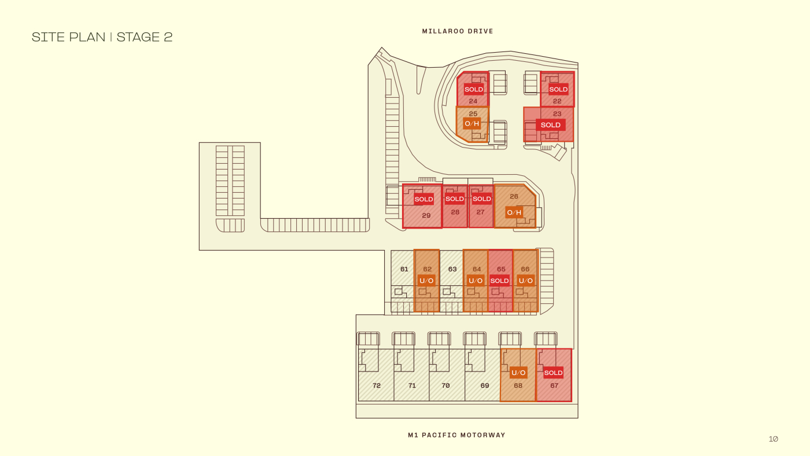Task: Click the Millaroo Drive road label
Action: [458, 31]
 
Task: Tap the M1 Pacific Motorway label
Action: [456, 435]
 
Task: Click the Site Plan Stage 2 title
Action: [102, 37]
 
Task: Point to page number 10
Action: [773, 439]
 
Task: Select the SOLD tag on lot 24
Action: [473, 89]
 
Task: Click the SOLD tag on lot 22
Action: [558, 89]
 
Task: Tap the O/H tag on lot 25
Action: [472, 123]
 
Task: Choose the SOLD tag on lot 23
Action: [550, 125]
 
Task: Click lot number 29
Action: [426, 216]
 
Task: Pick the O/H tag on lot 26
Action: [514, 212]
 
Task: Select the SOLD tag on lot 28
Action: [455, 199]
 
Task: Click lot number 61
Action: [404, 269]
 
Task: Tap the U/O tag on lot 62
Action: [426, 281]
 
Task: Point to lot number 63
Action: [452, 269]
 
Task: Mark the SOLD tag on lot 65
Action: [499, 281]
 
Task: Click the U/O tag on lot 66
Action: [525, 281]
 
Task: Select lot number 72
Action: [377, 385]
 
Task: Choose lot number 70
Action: [446, 385]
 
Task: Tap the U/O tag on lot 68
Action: [518, 373]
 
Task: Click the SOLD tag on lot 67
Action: [553, 373]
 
